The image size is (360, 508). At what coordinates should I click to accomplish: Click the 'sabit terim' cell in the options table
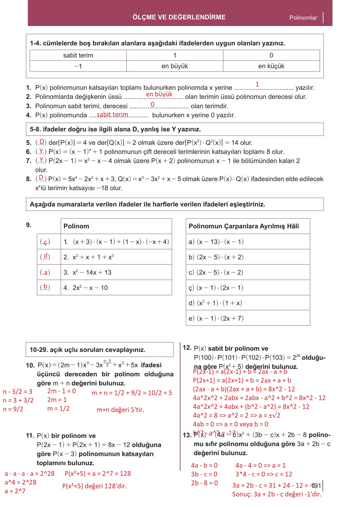(78, 55)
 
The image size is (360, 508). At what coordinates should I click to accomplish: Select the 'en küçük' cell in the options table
(271, 66)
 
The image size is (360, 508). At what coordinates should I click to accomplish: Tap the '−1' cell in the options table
(78, 66)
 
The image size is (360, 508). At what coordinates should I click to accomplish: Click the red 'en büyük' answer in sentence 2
(159, 94)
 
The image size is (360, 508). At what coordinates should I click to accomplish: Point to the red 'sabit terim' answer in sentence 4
(112, 114)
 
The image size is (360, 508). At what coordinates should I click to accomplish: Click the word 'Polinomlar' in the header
(303, 18)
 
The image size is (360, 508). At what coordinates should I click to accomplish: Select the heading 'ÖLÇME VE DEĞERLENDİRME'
(179, 17)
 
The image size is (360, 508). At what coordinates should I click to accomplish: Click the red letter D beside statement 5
(42, 141)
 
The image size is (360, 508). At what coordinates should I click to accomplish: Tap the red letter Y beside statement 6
(41, 151)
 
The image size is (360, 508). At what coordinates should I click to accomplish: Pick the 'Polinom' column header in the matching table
(76, 226)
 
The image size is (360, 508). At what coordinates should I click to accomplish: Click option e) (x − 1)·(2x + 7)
(216, 318)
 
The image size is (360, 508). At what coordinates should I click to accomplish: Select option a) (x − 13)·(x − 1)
(216, 241)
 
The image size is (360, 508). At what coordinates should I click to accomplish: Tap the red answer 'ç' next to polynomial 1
(45, 242)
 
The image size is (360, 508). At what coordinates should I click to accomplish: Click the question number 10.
(30, 365)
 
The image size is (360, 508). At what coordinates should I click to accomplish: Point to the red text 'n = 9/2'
(13, 409)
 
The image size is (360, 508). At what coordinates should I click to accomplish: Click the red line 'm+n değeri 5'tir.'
(120, 409)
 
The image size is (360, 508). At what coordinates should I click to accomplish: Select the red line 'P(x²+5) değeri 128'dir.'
(94, 486)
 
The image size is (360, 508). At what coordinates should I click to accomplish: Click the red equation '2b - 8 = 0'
(204, 483)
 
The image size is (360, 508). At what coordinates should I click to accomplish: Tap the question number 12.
(187, 348)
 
